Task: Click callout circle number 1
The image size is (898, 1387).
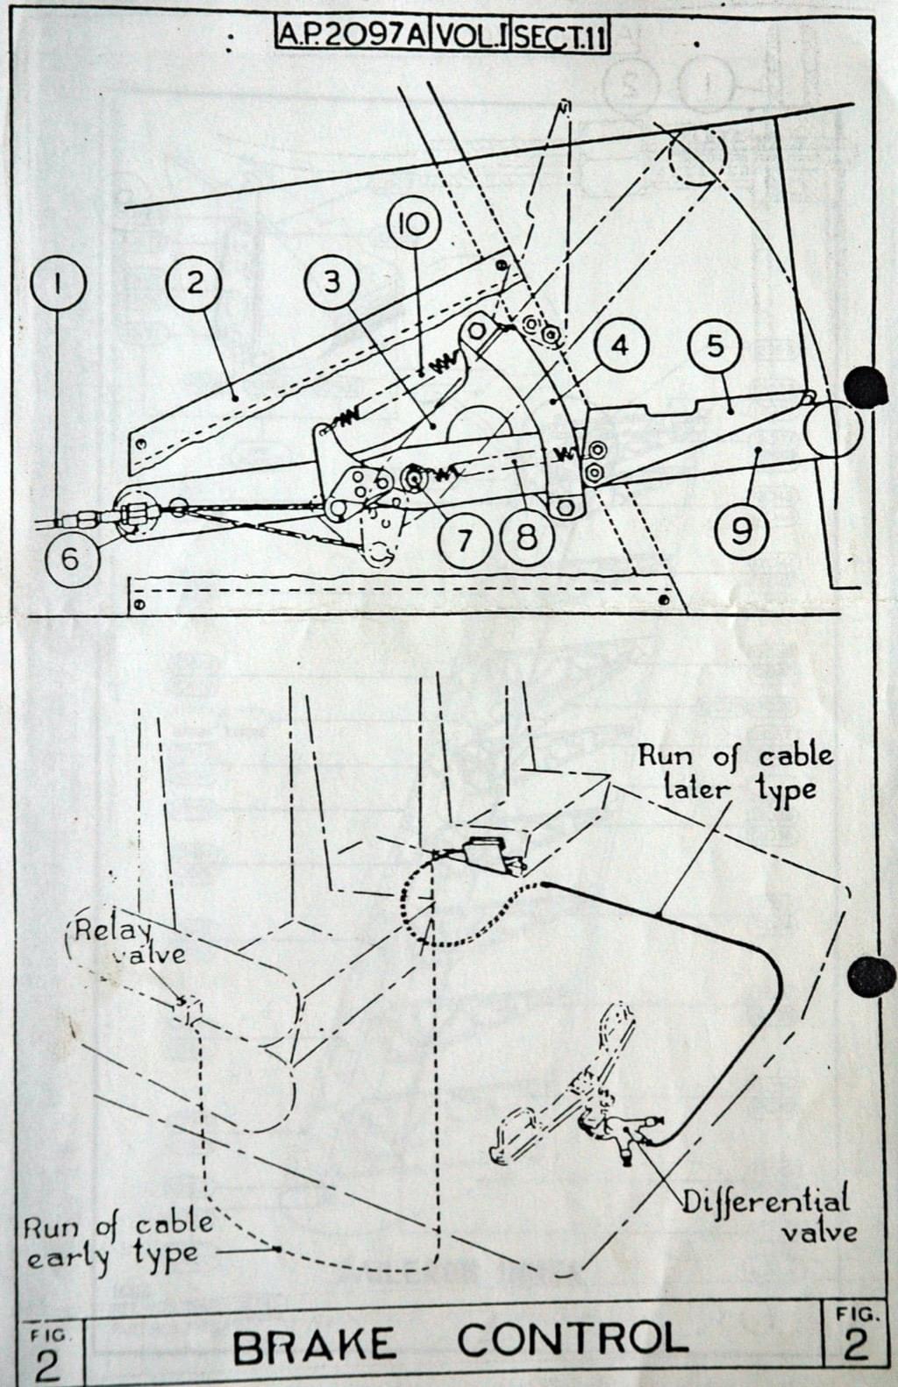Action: point(58,283)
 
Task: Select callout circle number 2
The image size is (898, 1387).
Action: point(194,282)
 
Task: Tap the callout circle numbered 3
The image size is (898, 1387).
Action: point(332,282)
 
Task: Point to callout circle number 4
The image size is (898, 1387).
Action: point(620,345)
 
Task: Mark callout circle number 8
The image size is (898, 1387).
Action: point(526,537)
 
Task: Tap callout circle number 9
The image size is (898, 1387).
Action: point(742,530)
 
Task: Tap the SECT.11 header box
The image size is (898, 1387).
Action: point(559,37)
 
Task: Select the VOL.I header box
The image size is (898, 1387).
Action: point(471,36)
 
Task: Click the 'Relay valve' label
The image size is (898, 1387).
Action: point(129,941)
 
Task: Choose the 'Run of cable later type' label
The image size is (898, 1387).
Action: point(735,771)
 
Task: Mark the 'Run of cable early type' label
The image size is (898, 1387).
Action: point(118,1241)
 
